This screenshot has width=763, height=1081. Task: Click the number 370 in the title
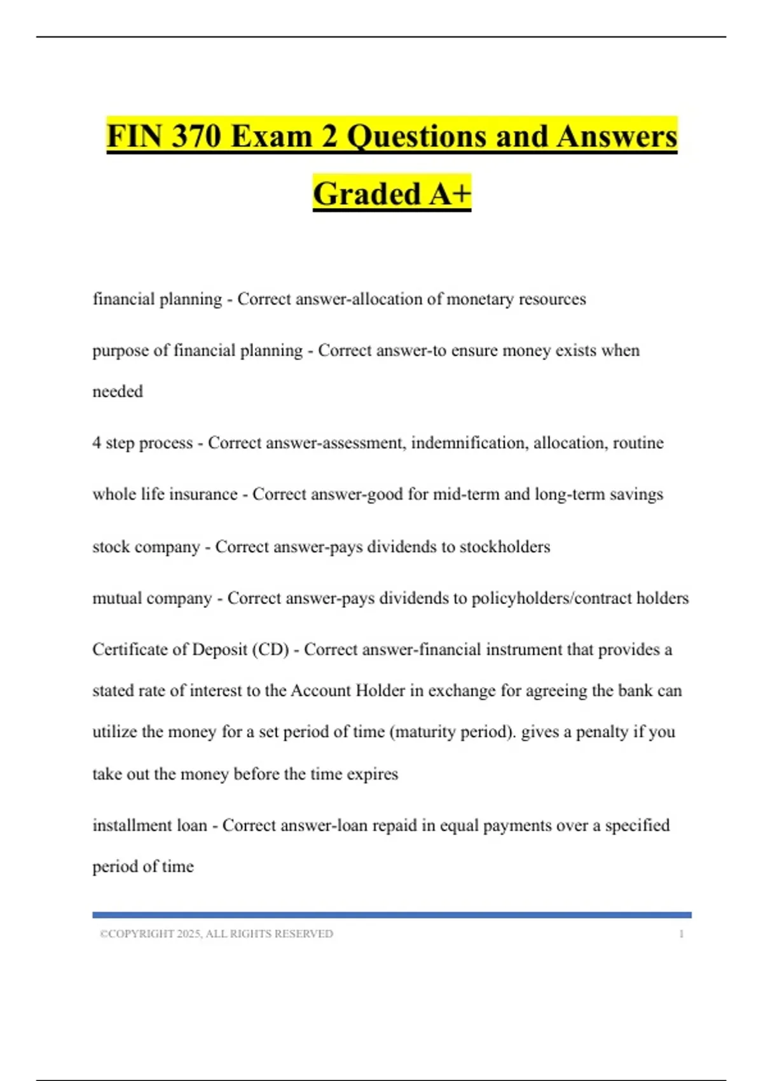[x=196, y=137]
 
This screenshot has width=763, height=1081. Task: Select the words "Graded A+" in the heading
[x=392, y=194]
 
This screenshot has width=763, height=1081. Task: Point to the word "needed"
[x=118, y=391]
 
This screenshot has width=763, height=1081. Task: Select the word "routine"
[x=638, y=443]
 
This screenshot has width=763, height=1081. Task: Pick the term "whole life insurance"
[x=165, y=494]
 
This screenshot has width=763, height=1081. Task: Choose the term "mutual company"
[x=152, y=598]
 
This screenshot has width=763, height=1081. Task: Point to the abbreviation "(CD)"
[x=270, y=650]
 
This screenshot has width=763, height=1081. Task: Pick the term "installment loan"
[x=149, y=825]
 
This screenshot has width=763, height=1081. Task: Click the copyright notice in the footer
[x=216, y=933]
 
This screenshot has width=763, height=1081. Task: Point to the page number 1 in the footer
[x=681, y=933]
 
